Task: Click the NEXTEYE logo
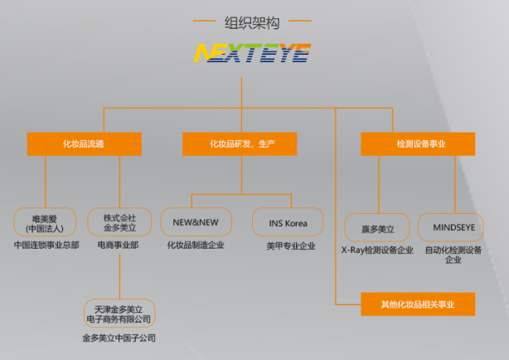pos(252,54)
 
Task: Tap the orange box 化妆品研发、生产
pos(241,144)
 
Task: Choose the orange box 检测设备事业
pos(417,144)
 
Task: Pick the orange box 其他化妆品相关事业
pos(417,304)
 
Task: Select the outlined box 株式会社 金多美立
pos(119,222)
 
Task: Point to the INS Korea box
pos(288,222)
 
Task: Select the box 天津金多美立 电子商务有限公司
pos(119,314)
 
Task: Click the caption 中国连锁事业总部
pos(46,246)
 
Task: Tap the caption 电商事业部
pos(119,246)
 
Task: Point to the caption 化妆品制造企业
pos(196,246)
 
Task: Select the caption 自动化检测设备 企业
pos(453,254)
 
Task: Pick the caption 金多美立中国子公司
pos(119,338)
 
